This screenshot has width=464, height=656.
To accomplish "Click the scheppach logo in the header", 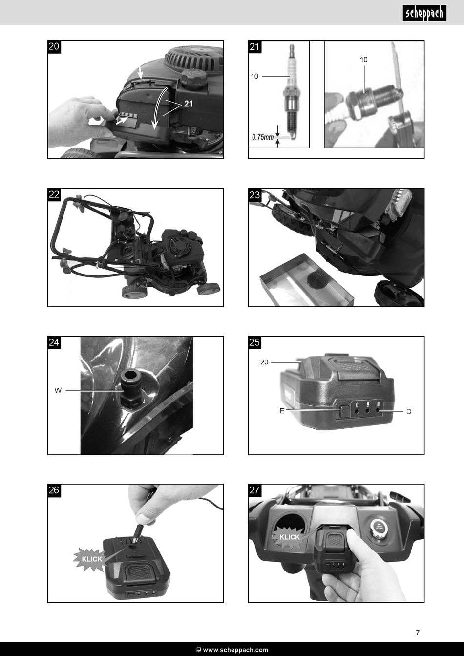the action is (424, 13).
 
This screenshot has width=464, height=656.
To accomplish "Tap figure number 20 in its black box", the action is (54, 47).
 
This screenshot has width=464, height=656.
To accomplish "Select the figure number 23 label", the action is (254, 195).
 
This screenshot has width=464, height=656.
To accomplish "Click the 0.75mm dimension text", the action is (263, 137).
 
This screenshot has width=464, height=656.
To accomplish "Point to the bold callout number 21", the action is (189, 104).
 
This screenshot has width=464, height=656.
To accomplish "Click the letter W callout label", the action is (58, 390).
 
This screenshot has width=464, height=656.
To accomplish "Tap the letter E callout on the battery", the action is (282, 411).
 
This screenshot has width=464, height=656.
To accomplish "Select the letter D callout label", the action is (409, 411).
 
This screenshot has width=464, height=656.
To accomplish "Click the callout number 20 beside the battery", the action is (264, 362).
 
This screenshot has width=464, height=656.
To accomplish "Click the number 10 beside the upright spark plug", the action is (254, 76).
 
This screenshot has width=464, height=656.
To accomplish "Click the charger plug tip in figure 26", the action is (136, 539).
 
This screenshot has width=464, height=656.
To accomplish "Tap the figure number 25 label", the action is (254, 342).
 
